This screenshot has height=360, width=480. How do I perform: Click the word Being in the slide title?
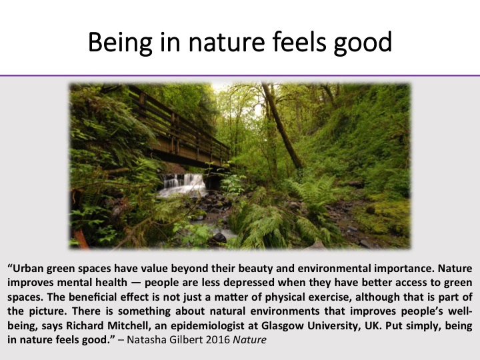point(120,43)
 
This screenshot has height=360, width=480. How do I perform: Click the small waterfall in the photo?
point(183,184)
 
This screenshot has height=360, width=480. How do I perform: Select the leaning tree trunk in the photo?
point(281,125)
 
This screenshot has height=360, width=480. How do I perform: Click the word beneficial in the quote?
point(93,297)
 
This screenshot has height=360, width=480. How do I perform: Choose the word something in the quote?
point(142,311)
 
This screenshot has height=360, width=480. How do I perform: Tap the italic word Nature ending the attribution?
point(250,340)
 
